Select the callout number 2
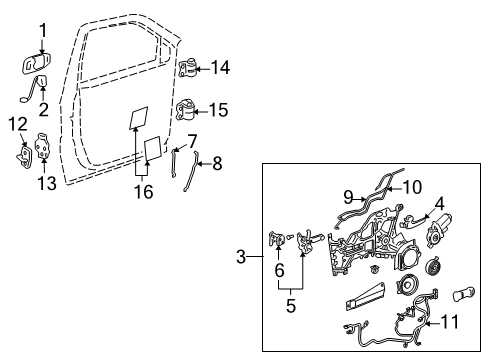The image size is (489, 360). pos(43,108)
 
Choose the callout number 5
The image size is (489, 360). pos(291,306)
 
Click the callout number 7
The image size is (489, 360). pos(192,142)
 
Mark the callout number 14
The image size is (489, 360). pos(221,68)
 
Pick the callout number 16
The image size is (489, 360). pos(145,189)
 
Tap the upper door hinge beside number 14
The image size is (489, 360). pos(190,69)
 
